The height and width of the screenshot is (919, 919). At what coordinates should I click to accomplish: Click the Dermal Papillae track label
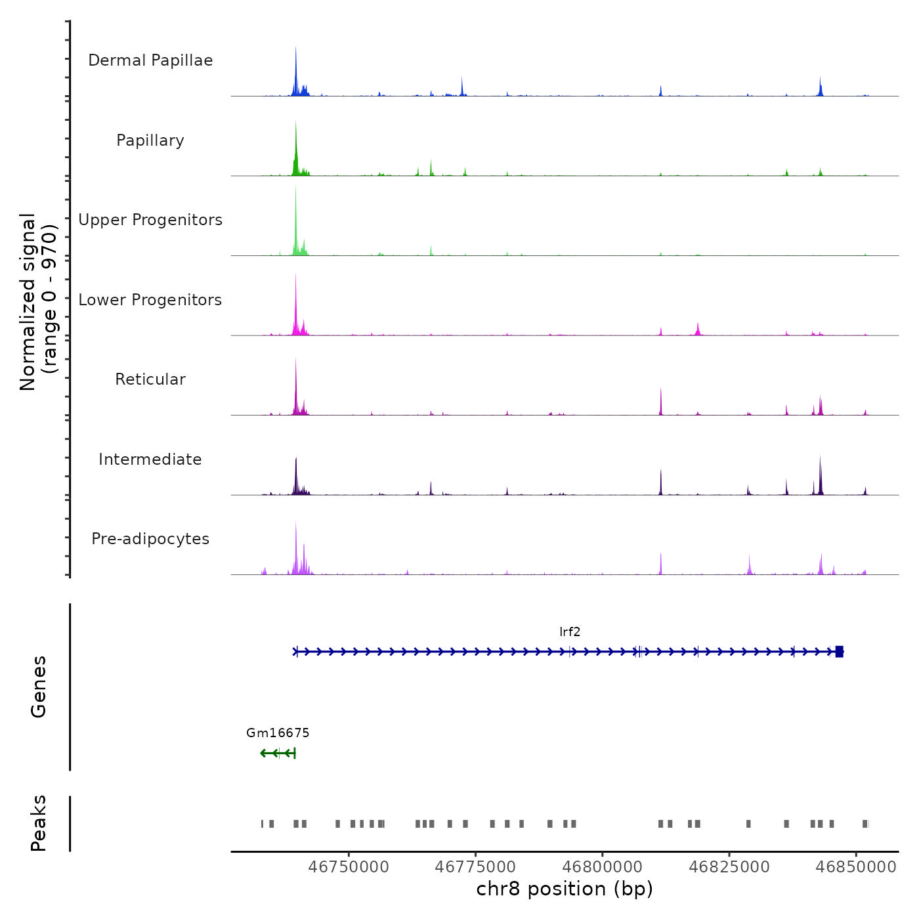click(x=150, y=60)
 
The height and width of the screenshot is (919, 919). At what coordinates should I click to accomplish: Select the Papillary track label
click(x=150, y=140)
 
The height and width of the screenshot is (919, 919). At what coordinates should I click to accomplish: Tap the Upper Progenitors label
click(x=150, y=220)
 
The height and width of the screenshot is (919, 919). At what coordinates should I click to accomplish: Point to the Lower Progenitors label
click(x=150, y=300)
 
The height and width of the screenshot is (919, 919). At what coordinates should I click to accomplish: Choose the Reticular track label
click(x=150, y=379)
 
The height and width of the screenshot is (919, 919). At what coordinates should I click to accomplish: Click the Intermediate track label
click(x=150, y=460)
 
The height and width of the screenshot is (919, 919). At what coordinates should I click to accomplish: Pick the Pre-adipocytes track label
click(x=150, y=539)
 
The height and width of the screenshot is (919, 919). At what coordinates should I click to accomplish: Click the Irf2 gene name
click(x=570, y=632)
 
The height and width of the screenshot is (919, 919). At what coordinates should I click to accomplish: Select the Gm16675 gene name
click(x=278, y=733)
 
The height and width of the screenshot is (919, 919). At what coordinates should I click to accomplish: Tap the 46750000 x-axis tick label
click(x=349, y=867)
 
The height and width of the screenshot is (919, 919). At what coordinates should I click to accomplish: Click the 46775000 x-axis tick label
click(x=475, y=867)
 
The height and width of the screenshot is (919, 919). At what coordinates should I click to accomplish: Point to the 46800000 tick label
click(x=603, y=867)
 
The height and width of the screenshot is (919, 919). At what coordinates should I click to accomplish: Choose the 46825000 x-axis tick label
click(x=729, y=867)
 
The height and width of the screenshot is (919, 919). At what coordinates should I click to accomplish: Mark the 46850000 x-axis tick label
click(x=856, y=867)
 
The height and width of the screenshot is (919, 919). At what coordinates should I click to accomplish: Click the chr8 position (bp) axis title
click(x=565, y=889)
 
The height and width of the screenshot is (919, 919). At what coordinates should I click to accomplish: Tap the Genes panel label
click(x=39, y=687)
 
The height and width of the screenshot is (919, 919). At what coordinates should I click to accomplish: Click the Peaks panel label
click(x=39, y=824)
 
